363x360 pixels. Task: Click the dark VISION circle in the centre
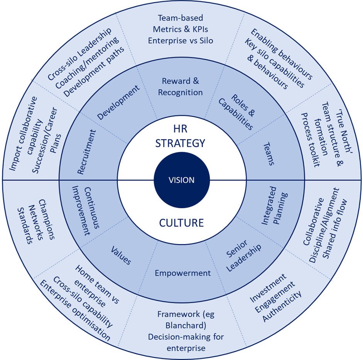click(181, 180)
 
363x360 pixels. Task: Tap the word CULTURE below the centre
click(181, 222)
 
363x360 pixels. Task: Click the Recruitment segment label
click(87, 152)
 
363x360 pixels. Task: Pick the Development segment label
click(118, 102)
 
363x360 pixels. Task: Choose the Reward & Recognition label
click(182, 87)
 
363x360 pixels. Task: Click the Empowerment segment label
click(182, 273)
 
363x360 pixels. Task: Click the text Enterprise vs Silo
click(181, 40)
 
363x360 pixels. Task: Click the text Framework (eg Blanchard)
click(186, 319)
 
